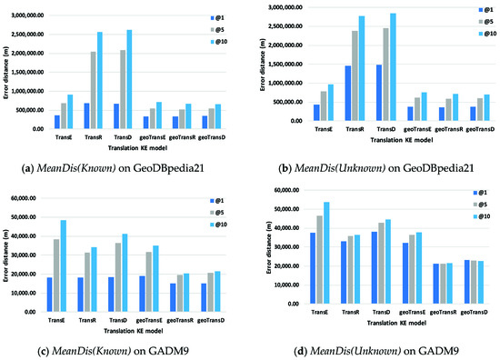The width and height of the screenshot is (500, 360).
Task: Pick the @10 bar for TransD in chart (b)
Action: (x=393, y=68)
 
